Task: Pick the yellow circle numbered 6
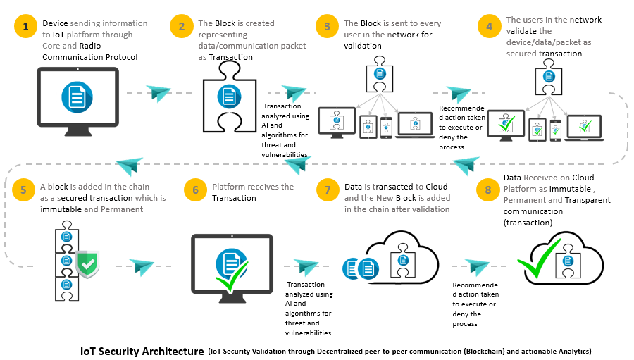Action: coord(195,190)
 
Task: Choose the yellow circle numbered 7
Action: coord(327,190)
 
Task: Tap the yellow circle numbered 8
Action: coord(489,190)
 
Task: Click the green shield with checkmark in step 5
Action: coord(87,263)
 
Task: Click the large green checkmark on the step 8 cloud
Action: coord(539,261)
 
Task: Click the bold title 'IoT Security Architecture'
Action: coord(142,350)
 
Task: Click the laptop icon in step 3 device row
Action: coord(416,124)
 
